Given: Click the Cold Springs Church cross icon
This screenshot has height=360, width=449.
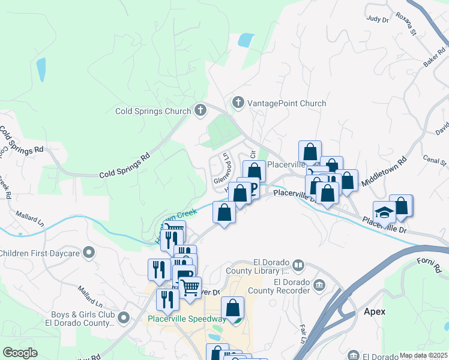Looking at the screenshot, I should (x=200, y=110).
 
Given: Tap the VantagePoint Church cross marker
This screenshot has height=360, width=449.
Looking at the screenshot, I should (x=238, y=103).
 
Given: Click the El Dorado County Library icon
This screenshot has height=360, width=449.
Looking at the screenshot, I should (x=298, y=265).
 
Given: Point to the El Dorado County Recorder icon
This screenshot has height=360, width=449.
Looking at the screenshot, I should (x=319, y=284).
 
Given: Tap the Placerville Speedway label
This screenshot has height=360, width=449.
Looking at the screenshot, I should (x=187, y=319).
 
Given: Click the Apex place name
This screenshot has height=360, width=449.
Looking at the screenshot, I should (x=374, y=312).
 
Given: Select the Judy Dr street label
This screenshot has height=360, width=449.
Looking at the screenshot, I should (x=378, y=20).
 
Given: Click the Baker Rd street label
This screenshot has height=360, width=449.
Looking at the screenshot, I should (x=430, y=58).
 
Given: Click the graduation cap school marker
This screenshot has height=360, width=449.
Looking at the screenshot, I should (x=384, y=212).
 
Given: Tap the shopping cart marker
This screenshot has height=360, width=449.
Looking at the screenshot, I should (x=190, y=287).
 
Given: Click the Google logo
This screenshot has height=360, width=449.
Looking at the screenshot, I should (x=20, y=353).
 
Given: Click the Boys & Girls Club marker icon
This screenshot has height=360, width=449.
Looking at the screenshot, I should (x=124, y=316).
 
